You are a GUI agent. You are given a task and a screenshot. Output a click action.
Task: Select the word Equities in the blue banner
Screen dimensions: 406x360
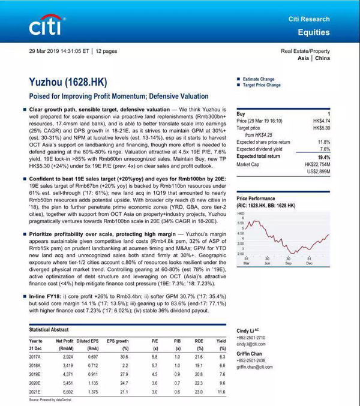click(x=314, y=32)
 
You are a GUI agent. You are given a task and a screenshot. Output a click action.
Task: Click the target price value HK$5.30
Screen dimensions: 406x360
click(x=321, y=128)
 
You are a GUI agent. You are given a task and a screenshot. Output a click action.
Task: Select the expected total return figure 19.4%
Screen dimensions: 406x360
click(x=323, y=157)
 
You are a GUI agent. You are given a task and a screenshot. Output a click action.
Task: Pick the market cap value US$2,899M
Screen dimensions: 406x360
click(x=318, y=171)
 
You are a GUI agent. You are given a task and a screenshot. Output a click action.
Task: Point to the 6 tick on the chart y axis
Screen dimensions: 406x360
click(x=243, y=218)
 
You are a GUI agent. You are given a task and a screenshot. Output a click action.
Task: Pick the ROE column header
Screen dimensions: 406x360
click(x=199, y=341)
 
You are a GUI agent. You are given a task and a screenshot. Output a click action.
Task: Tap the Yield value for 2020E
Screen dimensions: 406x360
click(x=221, y=382)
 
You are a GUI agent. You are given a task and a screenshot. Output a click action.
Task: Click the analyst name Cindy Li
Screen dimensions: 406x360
click(x=246, y=330)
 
